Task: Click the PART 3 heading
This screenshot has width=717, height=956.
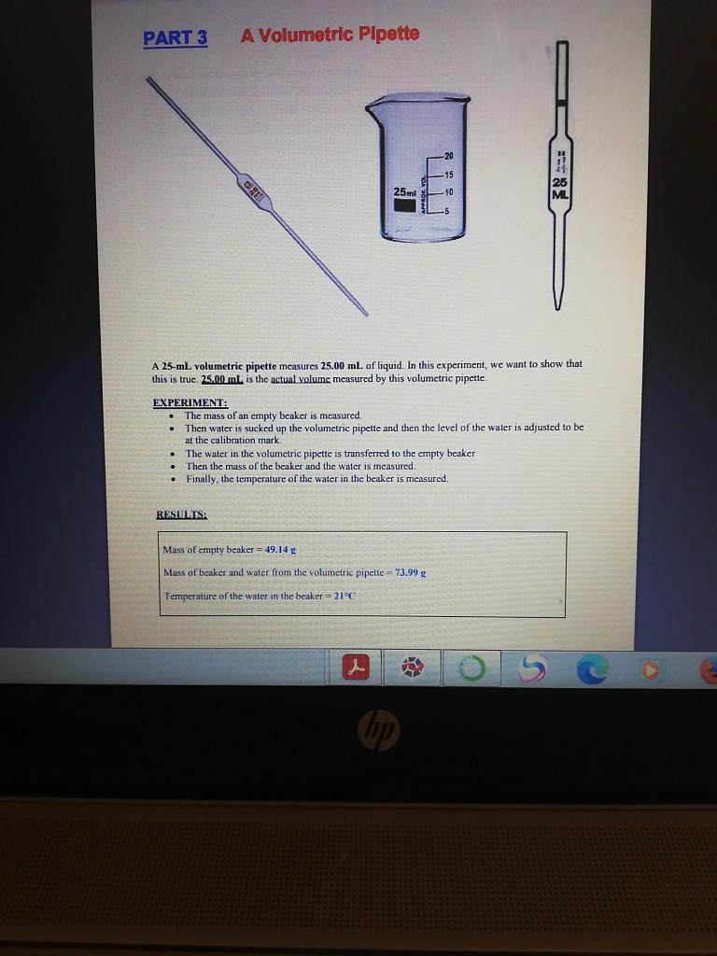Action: [x=176, y=38]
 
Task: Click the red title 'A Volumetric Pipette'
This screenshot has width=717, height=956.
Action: [x=330, y=35]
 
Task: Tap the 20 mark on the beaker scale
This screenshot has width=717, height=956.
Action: [x=448, y=155]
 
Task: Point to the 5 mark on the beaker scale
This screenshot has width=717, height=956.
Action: [x=447, y=211]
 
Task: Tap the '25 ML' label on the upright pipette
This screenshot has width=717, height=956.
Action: [x=560, y=187]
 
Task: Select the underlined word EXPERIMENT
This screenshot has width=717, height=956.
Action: [x=190, y=403]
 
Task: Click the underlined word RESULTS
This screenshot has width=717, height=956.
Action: [x=181, y=514]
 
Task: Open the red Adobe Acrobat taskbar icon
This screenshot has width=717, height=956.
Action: [x=354, y=668]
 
